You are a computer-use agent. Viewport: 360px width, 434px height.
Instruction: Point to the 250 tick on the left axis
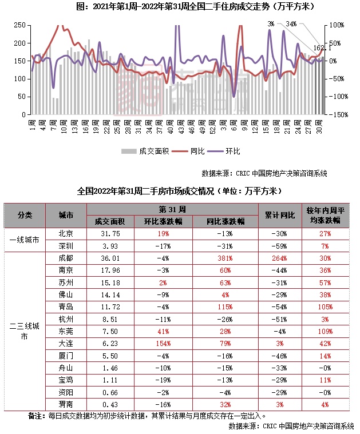point(19,26)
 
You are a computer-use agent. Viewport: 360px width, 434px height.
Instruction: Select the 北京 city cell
point(66,233)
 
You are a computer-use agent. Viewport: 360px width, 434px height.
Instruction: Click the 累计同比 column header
point(280,215)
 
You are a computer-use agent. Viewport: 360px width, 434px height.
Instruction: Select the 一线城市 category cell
point(25,240)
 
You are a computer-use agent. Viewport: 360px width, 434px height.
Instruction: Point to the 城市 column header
point(66,215)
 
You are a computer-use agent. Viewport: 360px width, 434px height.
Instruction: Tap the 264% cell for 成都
point(280,257)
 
